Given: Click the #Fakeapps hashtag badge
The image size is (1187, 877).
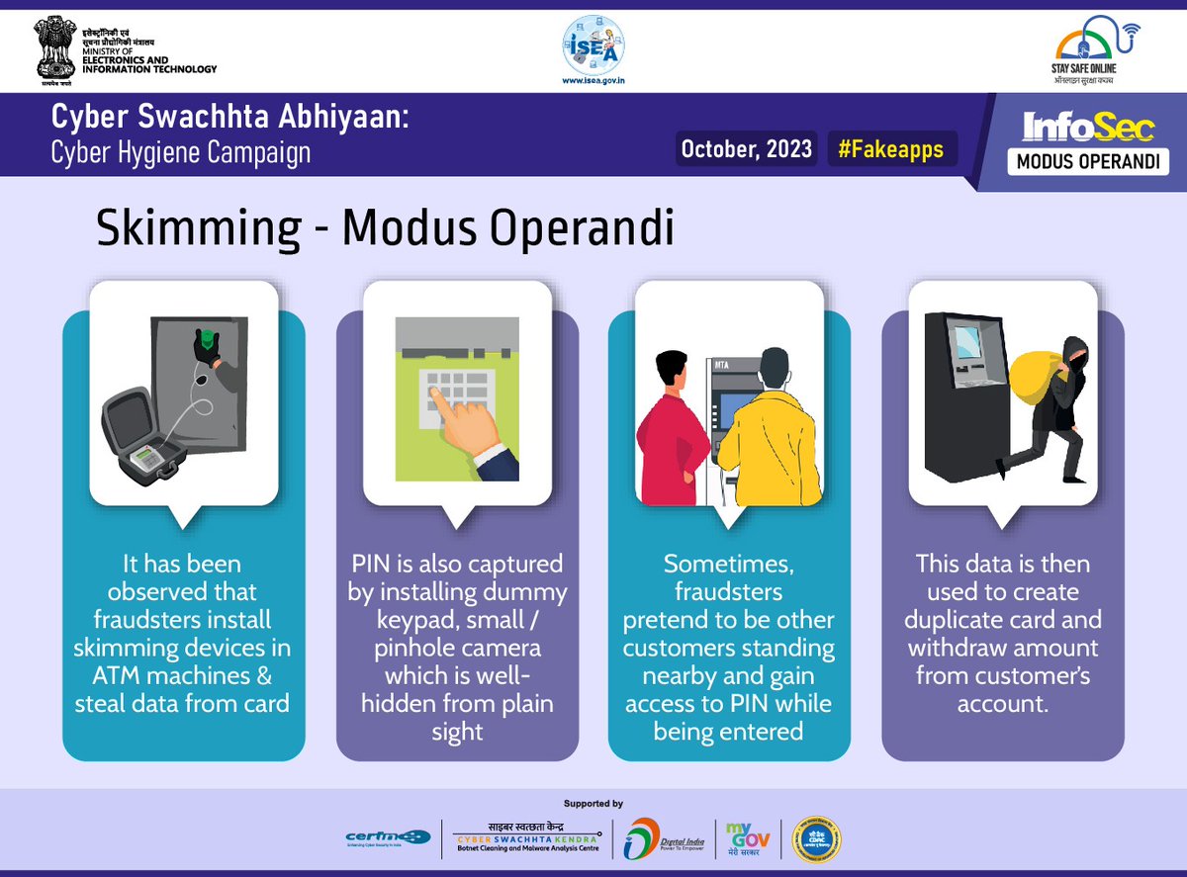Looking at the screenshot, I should tap(890, 149).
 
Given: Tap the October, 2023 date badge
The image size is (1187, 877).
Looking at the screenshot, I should tap(747, 149).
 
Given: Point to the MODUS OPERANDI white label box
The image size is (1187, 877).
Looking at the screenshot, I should tap(1088, 161).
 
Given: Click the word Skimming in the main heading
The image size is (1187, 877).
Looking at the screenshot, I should tap(198, 229).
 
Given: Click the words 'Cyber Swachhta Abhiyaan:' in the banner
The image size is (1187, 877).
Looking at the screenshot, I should tap(229, 120).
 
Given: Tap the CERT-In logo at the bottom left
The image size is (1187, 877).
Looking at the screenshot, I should tap(387, 837).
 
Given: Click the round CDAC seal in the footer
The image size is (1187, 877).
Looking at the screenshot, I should tap(818, 838).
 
